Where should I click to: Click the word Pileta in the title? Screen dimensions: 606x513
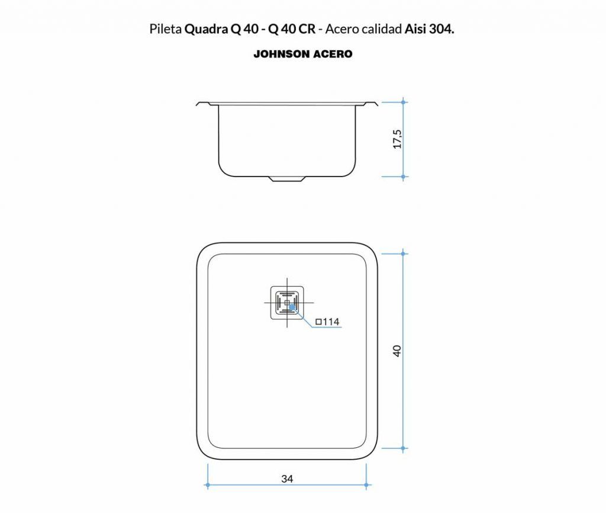tap(166, 29)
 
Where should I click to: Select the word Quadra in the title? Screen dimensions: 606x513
tap(206, 29)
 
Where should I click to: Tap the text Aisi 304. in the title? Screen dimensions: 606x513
tap(429, 29)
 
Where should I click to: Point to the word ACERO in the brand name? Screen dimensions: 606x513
tap(333, 54)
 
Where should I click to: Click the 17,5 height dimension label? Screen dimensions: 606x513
tap(397, 139)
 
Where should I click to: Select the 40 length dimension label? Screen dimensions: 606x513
tap(397, 351)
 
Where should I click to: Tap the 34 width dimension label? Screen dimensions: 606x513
tap(287, 479)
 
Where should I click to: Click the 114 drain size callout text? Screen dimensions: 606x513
tap(327, 322)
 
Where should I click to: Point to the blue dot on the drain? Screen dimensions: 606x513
tap(292, 307)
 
